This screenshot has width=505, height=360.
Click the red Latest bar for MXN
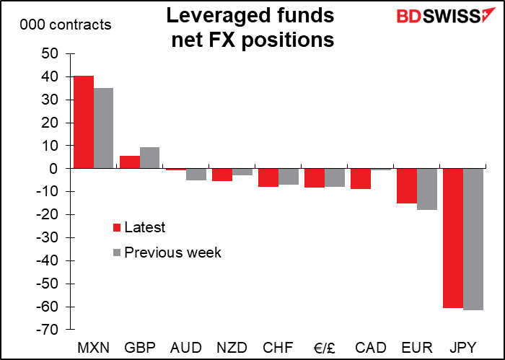click(83, 122)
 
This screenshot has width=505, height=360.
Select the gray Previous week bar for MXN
click(103, 128)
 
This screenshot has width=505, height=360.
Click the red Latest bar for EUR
click(406, 185)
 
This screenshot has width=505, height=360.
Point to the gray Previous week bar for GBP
click(149, 158)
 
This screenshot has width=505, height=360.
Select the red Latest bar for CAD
click(360, 178)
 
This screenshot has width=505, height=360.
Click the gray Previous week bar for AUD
click(196, 174)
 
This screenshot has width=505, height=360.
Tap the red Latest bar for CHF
click(268, 177)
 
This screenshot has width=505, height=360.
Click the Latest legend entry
click(144, 228)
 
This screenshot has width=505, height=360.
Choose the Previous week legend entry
click(172, 253)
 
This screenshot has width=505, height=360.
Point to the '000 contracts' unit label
click(66, 25)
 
